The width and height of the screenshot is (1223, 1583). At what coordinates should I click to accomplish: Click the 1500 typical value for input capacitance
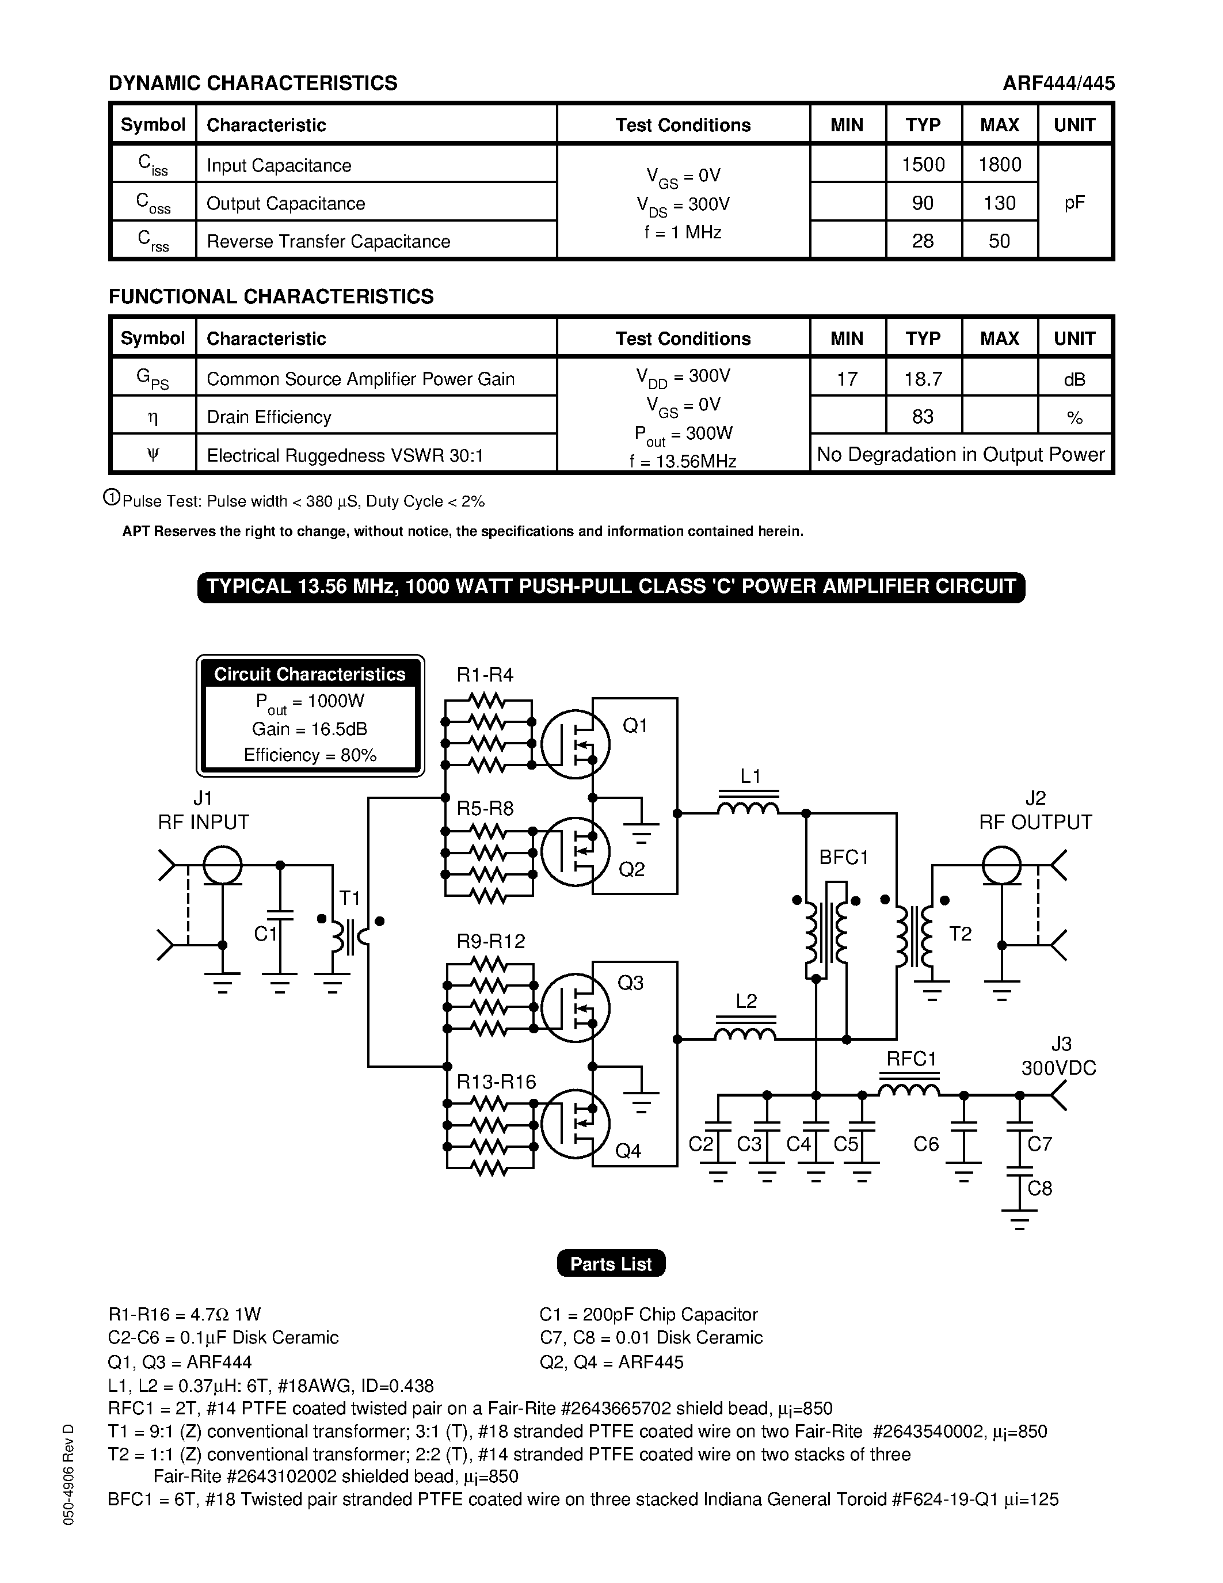click(923, 165)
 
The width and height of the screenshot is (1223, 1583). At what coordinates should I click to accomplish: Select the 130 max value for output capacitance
click(999, 203)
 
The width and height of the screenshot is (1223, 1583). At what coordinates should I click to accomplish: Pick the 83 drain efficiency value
click(923, 417)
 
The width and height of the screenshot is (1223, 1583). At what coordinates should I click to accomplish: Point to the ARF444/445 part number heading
click(1058, 83)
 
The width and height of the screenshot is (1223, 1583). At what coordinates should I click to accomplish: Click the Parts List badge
click(611, 1264)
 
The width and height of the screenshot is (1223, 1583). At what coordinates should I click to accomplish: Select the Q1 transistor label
click(635, 725)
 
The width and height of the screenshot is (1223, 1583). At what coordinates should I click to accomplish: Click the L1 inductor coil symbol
click(748, 806)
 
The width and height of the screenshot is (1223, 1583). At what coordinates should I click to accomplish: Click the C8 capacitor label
click(1040, 1188)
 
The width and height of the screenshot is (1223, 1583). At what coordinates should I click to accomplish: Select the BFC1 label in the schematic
click(843, 858)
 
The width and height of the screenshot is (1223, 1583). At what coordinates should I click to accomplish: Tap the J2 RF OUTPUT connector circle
click(1001, 865)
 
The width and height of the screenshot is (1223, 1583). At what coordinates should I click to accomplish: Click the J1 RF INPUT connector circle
click(222, 865)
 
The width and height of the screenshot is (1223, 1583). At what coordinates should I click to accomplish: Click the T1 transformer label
click(350, 899)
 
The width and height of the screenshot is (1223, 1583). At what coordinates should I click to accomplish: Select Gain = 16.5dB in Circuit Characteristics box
click(310, 728)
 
